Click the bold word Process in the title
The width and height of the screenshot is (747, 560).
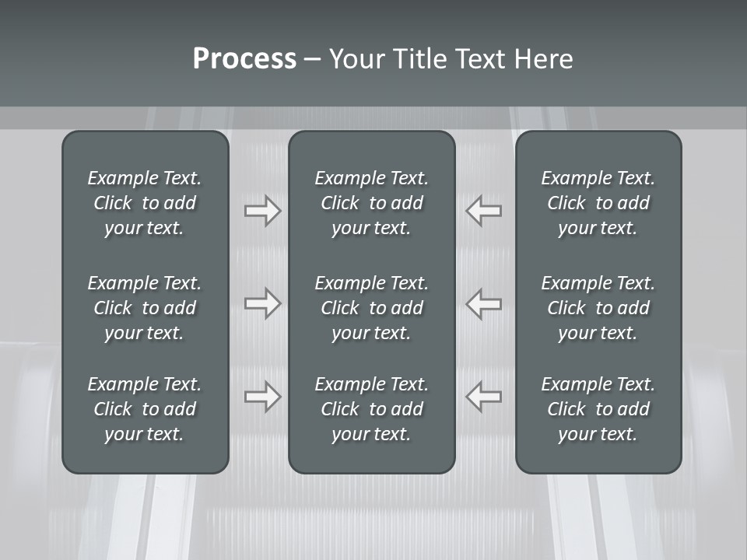[x=244, y=59]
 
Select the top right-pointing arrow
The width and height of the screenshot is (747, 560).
[x=262, y=211]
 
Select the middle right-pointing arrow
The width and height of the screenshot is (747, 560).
[x=262, y=303]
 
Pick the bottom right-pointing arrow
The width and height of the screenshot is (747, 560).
[x=262, y=396]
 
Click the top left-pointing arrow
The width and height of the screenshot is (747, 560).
[x=484, y=211]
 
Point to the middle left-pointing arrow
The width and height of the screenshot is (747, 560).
[x=484, y=303]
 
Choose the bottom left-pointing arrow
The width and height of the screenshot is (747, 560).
[x=484, y=396]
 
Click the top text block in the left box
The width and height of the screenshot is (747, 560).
[x=145, y=203]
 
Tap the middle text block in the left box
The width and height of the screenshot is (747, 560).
[x=145, y=308]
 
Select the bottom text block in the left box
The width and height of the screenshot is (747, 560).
[x=145, y=409]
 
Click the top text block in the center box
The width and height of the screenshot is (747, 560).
[x=371, y=203]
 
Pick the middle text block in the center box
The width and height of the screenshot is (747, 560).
[x=371, y=308]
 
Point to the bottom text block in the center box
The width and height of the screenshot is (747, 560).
[x=371, y=409]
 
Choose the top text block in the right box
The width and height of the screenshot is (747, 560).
[x=598, y=203]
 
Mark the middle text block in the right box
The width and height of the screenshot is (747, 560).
[x=598, y=308]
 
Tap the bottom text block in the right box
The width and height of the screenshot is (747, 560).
[x=598, y=409]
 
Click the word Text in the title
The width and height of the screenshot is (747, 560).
[x=479, y=59]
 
